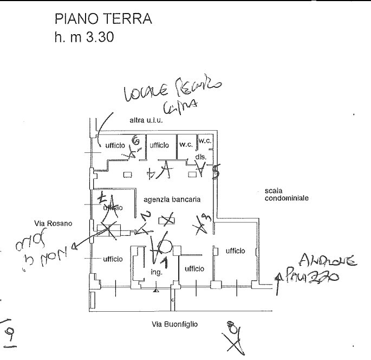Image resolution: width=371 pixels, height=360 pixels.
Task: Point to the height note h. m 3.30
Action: click(83, 40)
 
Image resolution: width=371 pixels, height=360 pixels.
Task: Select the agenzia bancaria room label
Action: click(172, 200)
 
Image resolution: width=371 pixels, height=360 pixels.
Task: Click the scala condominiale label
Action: click(287, 195)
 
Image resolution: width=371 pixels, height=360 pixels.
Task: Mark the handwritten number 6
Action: click(136, 142)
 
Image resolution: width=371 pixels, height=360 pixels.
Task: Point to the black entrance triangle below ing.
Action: click(156, 291)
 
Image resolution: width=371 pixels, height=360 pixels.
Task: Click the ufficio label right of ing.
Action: click(194, 269)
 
